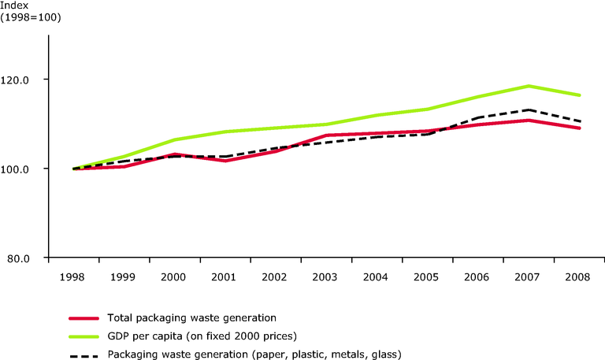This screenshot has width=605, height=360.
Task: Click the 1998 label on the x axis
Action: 74,277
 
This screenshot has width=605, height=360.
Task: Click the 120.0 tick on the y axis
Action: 28,80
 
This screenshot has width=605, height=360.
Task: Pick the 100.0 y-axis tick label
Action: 28,169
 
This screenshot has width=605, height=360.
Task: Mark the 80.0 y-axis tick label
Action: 30,258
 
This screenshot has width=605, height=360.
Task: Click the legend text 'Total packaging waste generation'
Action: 191,318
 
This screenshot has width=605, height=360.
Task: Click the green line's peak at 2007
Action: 529,86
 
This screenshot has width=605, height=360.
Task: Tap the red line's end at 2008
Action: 580,128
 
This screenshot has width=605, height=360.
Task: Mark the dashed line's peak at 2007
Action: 529,110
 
